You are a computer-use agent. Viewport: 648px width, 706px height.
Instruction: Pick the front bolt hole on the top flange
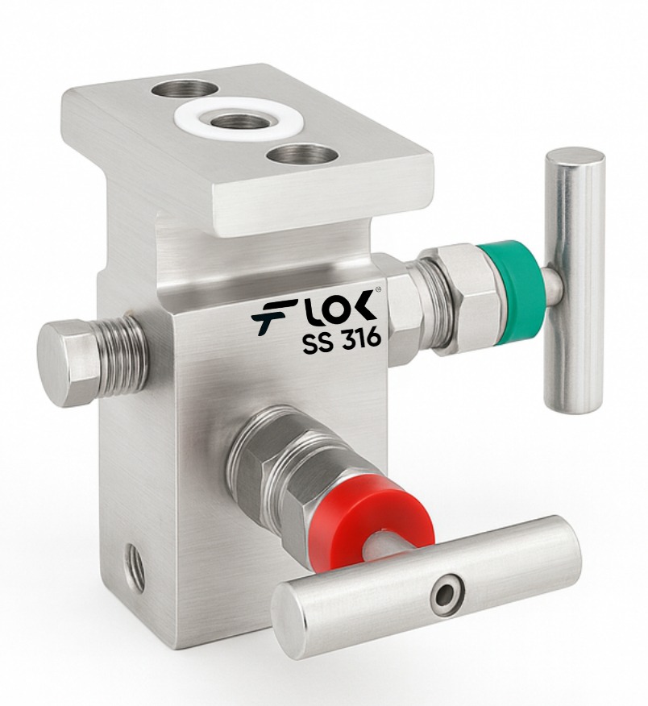coord(302,156)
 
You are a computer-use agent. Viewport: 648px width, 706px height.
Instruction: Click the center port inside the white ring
coord(238,121)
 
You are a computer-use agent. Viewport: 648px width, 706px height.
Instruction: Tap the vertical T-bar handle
coord(574,282)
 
